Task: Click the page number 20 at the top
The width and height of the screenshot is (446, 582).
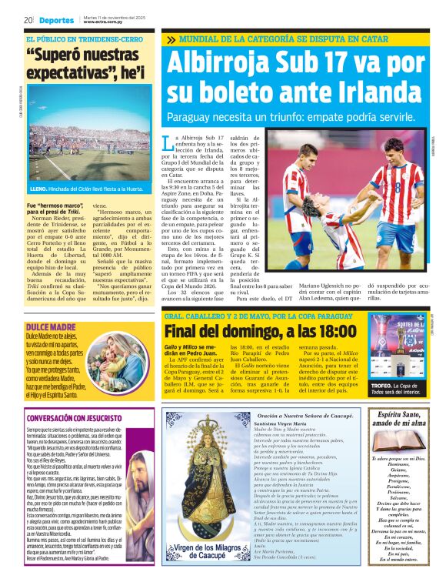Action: tap(28, 19)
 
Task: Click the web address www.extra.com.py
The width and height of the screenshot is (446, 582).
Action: tap(105, 22)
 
